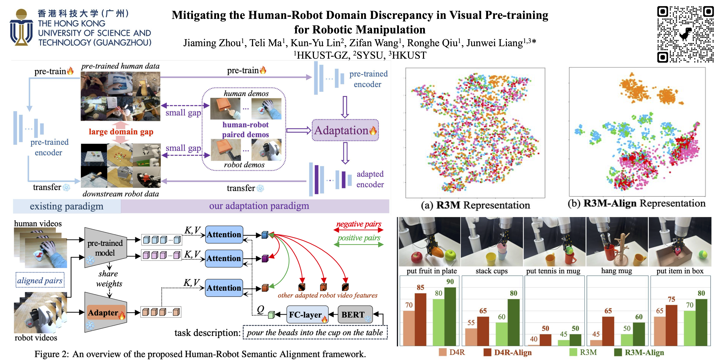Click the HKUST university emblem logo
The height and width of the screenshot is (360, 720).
point(21,27)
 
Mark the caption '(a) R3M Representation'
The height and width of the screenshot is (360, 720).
point(475,205)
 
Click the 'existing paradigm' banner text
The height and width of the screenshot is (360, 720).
point(66,206)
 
